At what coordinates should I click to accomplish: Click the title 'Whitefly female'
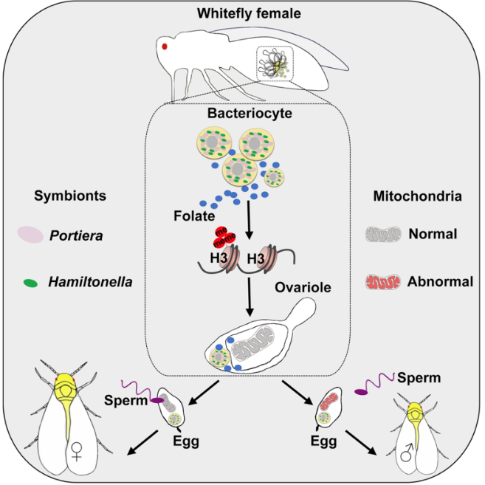coord(242,13)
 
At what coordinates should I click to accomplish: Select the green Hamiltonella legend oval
coord(31,282)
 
